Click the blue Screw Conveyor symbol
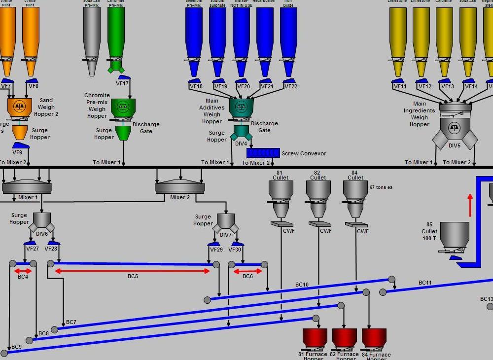[263, 153]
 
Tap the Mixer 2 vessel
[179, 187]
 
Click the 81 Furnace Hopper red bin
[315, 338]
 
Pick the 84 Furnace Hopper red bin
[374, 338]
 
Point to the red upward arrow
[470, 205]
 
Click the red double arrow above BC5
[133, 271]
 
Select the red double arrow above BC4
[23, 271]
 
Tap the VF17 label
[122, 83]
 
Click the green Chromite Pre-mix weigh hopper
[123, 108]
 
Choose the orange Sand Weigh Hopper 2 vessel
[20, 106]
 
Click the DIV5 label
[454, 145]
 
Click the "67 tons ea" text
[381, 187]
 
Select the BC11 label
[425, 283]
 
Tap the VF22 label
[291, 86]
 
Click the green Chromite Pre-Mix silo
[116, 32]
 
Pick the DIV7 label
[225, 235]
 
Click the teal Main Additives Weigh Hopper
[241, 107]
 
